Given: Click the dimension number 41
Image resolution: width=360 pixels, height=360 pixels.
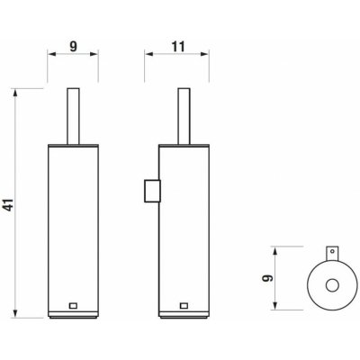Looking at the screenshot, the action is coord(10,204).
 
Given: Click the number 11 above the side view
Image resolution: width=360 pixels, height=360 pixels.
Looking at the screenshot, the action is coord(178,47).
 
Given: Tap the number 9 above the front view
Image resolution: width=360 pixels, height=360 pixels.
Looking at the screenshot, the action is coord(74,47).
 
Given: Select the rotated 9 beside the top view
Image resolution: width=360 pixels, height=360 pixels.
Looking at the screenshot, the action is coord(267,278).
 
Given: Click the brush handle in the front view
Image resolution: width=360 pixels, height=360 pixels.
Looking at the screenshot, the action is coord(73,116).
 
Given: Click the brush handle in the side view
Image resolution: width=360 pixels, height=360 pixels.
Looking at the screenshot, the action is coord(184,116).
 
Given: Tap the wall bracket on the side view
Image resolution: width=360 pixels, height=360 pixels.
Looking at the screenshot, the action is coord(152,191).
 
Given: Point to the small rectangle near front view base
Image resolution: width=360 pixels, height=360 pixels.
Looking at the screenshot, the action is coord(73,306).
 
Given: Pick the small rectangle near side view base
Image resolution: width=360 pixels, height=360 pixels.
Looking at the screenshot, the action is coord(184,306).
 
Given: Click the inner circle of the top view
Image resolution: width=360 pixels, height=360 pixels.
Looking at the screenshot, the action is coord(332,285).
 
